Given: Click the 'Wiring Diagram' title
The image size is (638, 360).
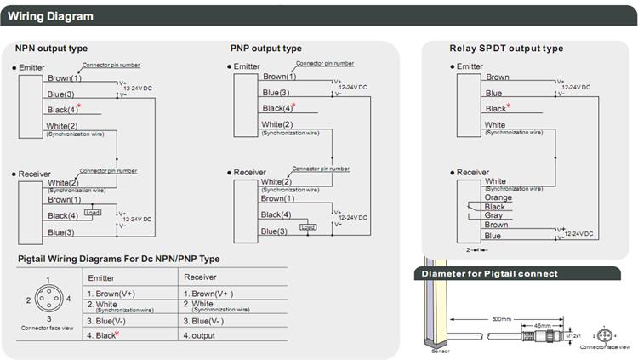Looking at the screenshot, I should pyautogui.click(x=51, y=16).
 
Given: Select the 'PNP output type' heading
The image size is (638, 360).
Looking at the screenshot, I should pyautogui.click(x=265, y=49).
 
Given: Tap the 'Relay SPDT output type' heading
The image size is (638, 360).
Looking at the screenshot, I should pyautogui.click(x=506, y=49).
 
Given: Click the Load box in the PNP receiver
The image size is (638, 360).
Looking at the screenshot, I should pyautogui.click(x=308, y=227).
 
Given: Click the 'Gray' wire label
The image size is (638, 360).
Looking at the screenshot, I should pyautogui.click(x=493, y=215).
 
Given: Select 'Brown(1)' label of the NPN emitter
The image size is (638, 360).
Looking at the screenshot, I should pyautogui.click(x=65, y=78).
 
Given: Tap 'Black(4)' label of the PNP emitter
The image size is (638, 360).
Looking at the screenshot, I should pyautogui.click(x=278, y=108).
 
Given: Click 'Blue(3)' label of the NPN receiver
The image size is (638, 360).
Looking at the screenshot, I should pyautogui.click(x=60, y=232).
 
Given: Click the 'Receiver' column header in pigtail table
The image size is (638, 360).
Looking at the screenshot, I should pyautogui.click(x=202, y=277).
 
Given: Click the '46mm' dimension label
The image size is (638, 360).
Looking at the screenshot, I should pyautogui.click(x=542, y=325).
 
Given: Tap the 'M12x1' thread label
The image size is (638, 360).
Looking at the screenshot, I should pyautogui.click(x=572, y=336).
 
